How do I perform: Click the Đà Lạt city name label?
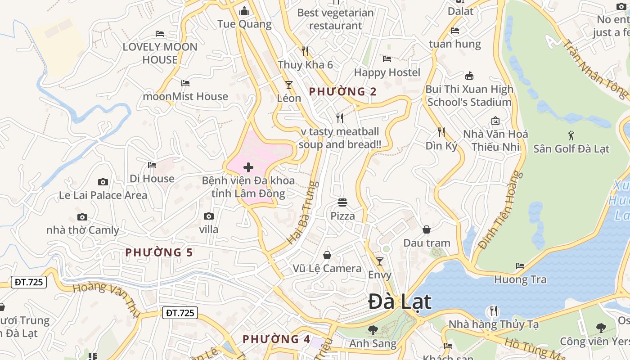coord(400,301)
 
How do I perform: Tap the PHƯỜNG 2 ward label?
coord(343,92)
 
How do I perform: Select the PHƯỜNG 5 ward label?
coord(159,252)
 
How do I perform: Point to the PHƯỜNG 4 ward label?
coord(276,339)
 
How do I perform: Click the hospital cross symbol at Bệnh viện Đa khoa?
coord(248,168)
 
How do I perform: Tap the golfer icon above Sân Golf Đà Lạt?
coord(571,135)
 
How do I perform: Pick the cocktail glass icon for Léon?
coord(289,85)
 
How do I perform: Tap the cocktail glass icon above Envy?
coord(380,261)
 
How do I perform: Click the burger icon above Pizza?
coord(342,202)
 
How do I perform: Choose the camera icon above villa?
coord(208,216)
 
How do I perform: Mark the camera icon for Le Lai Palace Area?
coord(103,182)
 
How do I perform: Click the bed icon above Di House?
coord(152,165)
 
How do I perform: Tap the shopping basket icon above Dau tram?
coord(427,230)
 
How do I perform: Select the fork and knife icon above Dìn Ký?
coord(441,132)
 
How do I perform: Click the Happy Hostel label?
coord(387,72)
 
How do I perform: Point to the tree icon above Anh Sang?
coord(373,330)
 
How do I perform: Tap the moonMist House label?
coord(185,96)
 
